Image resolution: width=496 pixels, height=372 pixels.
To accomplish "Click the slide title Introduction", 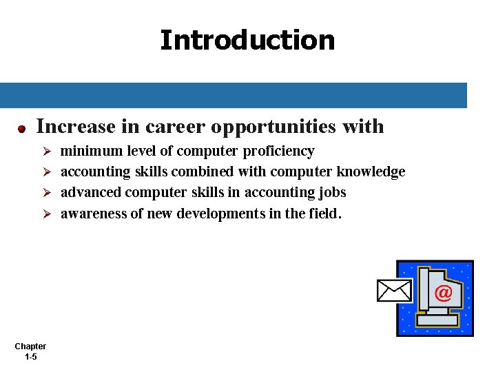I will (x=247, y=40).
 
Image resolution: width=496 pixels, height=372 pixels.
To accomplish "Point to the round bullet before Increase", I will (x=22, y=128).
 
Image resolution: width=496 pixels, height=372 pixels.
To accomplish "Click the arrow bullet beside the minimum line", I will (x=48, y=152).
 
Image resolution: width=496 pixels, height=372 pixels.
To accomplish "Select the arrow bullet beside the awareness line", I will (x=48, y=214).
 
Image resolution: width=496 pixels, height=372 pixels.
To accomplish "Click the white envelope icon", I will (x=394, y=291).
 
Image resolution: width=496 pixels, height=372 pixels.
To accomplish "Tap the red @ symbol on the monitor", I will (x=444, y=293).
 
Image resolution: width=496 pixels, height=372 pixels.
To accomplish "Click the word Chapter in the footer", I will (x=30, y=347).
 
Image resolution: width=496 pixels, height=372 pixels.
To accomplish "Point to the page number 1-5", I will (x=30, y=357).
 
